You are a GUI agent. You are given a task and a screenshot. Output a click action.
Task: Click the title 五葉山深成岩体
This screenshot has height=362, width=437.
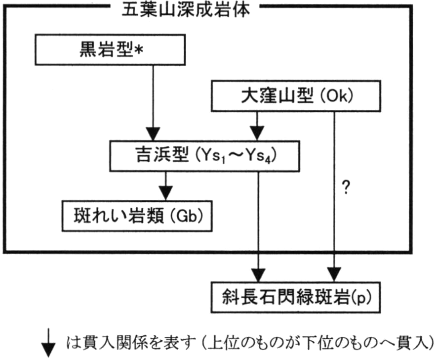(x=186, y=10)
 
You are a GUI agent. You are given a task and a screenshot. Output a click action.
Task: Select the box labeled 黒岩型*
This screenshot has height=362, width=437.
(x=110, y=49)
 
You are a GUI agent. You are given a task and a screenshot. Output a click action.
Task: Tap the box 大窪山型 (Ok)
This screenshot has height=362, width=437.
(x=296, y=96)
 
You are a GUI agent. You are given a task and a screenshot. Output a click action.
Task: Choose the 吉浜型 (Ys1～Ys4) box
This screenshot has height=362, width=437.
(x=204, y=156)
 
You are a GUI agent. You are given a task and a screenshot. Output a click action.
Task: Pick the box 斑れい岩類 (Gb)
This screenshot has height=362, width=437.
(x=137, y=216)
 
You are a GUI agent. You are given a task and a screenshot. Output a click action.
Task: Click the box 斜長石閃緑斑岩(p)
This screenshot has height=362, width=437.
(x=296, y=297)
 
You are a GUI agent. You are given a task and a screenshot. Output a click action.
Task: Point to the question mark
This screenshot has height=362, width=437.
(x=346, y=187)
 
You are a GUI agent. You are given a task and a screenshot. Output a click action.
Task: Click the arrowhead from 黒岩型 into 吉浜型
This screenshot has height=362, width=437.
(x=153, y=134)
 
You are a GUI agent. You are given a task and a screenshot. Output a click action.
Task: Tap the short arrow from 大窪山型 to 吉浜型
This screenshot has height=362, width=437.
(x=257, y=126)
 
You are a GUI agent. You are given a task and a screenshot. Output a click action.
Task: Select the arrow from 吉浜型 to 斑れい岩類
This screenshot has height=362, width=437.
(x=166, y=185)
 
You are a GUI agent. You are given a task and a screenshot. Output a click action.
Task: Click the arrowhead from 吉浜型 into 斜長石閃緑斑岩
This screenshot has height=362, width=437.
(x=258, y=275)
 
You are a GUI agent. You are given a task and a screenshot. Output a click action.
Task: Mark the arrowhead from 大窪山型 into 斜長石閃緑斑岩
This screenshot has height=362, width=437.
(x=334, y=275)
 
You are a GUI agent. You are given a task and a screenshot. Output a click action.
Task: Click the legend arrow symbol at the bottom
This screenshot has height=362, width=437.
(x=48, y=343)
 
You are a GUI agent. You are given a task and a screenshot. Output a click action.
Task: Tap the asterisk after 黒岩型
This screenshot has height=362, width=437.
(x=139, y=51)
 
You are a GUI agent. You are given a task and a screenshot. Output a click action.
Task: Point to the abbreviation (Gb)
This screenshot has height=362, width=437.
(x=187, y=216)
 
